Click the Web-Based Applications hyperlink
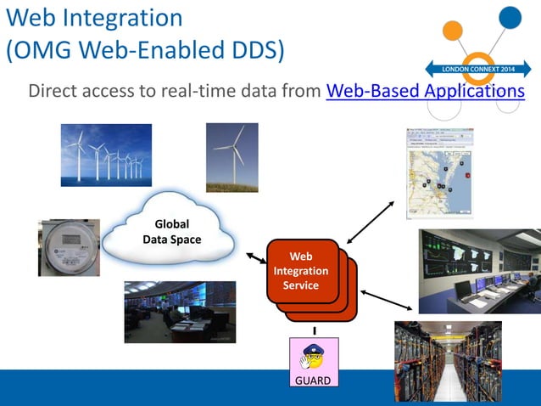tap(424, 91)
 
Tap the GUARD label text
tap(313, 380)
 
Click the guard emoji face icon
tap(313, 356)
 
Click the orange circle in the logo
tap(453, 31)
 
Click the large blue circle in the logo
tap(510, 16)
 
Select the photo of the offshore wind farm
tap(106, 155)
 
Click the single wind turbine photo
tap(231, 157)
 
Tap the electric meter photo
tap(69, 247)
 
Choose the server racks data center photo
tap(448, 361)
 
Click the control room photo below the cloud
tap(180, 312)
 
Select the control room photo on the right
tap(479, 271)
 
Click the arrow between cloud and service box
tap(255, 257)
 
